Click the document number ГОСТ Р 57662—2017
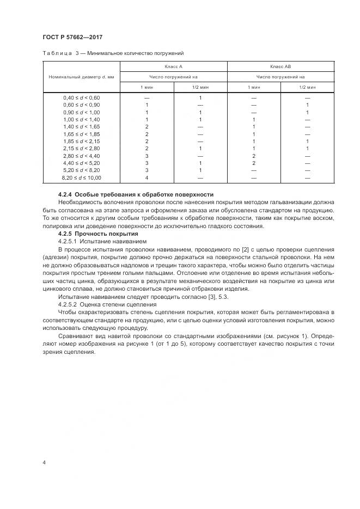point(72,37)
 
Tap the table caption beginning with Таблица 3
point(113,53)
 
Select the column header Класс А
point(173,66)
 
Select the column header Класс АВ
point(280,66)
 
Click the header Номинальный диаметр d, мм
point(82,77)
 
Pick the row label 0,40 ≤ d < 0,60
point(82,97)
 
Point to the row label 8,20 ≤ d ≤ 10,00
point(82,177)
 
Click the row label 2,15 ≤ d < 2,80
point(82,148)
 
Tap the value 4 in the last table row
point(147,177)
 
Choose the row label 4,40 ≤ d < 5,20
point(82,163)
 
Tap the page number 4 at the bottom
point(44,462)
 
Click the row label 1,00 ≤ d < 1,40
point(82,119)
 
